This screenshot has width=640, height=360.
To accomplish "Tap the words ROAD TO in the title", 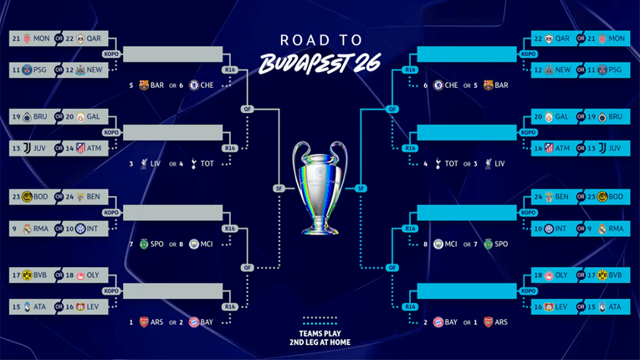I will (x=321, y=40).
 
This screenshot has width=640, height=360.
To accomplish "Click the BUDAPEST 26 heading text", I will (x=321, y=63).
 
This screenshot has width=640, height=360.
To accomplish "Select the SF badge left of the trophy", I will (x=279, y=188).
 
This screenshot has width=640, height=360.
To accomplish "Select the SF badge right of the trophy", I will (x=361, y=188).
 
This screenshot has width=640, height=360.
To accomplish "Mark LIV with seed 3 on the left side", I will (x=151, y=163).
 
